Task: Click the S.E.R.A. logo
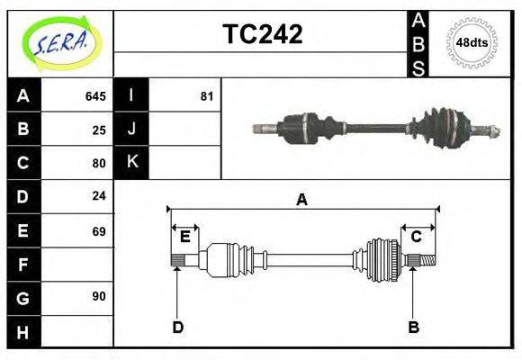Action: click(60, 42)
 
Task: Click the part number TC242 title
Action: click(262, 34)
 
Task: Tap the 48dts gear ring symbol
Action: click(472, 42)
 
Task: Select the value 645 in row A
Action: click(95, 96)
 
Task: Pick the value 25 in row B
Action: click(99, 130)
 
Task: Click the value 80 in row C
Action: click(99, 163)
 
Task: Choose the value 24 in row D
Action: click(99, 195)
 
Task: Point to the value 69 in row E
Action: click(99, 231)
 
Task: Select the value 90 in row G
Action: click(99, 296)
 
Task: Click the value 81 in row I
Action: click(206, 96)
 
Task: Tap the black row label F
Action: click(23, 265)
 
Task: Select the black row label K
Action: click(131, 162)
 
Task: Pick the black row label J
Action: click(131, 129)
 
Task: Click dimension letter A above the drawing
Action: click(301, 200)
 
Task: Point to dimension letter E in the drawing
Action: click(184, 237)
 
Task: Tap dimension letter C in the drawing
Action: click(416, 237)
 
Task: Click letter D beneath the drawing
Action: click(177, 327)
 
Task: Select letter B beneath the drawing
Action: click(413, 327)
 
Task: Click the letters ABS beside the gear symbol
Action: click(418, 42)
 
